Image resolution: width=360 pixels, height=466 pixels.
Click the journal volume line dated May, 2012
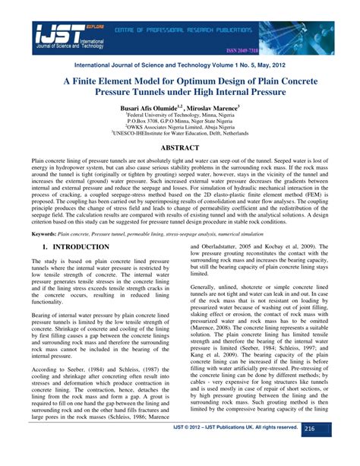pyautogui.click(x=179, y=67)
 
